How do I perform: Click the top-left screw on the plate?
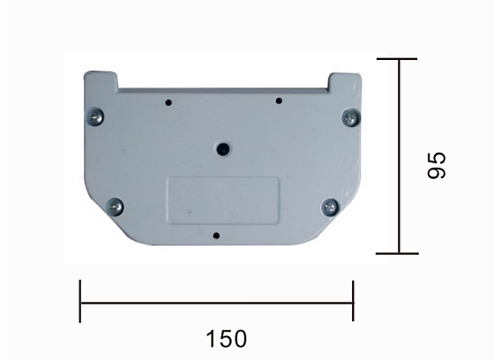click(x=95, y=116)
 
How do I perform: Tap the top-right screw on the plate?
click(x=351, y=118)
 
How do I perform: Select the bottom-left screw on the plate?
click(x=115, y=207)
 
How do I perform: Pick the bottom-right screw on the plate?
click(x=331, y=207)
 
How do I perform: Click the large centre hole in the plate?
click(x=223, y=149)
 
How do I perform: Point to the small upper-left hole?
click(x=168, y=102)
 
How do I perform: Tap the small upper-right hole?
click(x=279, y=101)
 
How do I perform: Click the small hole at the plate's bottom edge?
click(x=216, y=236)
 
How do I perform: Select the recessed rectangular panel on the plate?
click(x=223, y=201)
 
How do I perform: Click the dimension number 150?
click(x=226, y=339)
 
